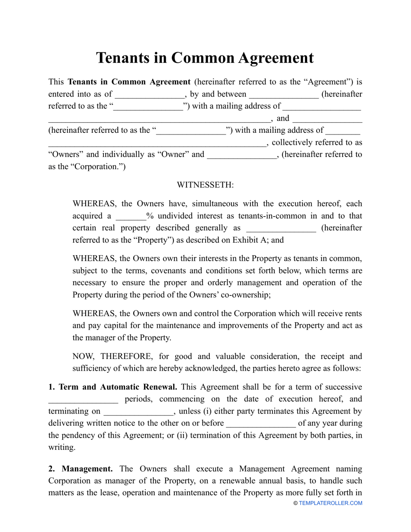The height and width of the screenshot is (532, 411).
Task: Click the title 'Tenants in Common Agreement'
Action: pyautogui.click(x=205, y=58)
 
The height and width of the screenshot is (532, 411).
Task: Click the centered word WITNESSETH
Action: pyautogui.click(x=205, y=185)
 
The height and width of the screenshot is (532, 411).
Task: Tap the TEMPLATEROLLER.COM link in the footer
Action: pyautogui.click(x=331, y=503)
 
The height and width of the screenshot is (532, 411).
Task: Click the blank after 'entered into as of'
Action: pyautogui.click(x=150, y=94)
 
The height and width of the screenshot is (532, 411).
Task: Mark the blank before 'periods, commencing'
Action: pyautogui.click(x=83, y=399)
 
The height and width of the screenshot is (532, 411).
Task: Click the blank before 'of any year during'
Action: pyautogui.click(x=261, y=423)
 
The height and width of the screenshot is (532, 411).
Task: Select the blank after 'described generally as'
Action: pyautogui.click(x=281, y=228)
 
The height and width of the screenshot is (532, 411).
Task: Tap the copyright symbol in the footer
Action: pyautogui.click(x=295, y=503)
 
